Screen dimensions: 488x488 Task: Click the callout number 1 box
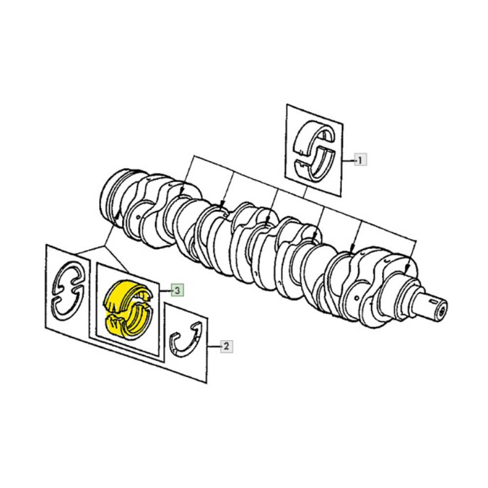coord(360,160)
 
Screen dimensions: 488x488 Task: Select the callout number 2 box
coord(226,344)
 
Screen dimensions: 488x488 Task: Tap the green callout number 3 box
coord(178,289)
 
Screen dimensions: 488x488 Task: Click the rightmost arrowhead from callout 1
coord(353,250)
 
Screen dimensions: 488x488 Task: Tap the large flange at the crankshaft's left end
coord(116,196)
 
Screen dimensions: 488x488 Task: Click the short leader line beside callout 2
coord(213,344)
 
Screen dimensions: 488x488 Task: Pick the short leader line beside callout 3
coord(167,289)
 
